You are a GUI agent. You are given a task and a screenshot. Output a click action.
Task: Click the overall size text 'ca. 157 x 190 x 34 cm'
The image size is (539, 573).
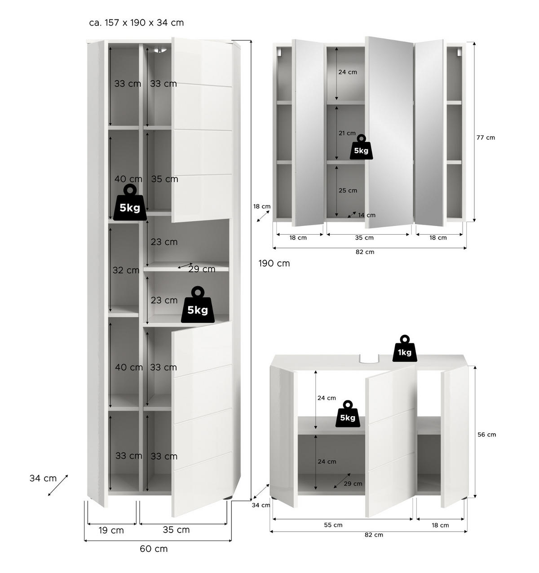pyautogui.click(x=137, y=22)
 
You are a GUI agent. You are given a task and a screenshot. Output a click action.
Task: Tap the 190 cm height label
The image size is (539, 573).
pyautogui.click(x=274, y=263)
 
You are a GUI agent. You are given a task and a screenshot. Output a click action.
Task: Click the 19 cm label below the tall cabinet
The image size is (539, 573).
pyautogui.click(x=111, y=530)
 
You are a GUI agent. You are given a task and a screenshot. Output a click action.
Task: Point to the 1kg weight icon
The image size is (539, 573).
pyautogui.click(x=405, y=349)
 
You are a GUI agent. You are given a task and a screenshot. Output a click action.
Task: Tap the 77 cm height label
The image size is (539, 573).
pyautogui.click(x=486, y=138)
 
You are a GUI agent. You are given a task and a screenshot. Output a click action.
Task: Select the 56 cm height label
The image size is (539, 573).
pyautogui.click(x=487, y=435)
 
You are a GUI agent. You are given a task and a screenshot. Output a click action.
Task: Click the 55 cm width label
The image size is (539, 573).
pyautogui.click(x=333, y=525)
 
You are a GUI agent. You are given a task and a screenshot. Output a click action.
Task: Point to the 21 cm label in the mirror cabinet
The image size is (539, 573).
pyautogui.click(x=347, y=133)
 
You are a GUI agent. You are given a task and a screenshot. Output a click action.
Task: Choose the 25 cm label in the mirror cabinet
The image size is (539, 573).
pyautogui.click(x=348, y=191)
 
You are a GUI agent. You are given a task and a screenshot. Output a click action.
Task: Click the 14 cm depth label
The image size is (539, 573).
pyautogui.click(x=367, y=215)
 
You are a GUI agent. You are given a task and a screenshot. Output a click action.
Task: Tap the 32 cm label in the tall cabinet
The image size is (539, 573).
pyautogui.click(x=126, y=270)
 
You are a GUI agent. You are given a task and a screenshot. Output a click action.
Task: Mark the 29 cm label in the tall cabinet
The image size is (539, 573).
pyautogui.click(x=202, y=269)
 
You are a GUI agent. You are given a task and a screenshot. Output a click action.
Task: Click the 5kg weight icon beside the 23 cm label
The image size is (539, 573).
pyautogui.click(x=198, y=305)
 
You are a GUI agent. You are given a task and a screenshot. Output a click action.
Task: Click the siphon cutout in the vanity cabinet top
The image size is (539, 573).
pyautogui.click(x=369, y=359)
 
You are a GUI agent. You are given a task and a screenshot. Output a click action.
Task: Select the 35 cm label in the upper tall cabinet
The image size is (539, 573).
pyautogui.click(x=165, y=179)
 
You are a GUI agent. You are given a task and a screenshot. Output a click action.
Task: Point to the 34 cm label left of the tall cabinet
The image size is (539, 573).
pyautogui.click(x=43, y=478)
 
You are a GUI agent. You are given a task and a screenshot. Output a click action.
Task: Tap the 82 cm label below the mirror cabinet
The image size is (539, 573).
pyautogui.click(x=365, y=252)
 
